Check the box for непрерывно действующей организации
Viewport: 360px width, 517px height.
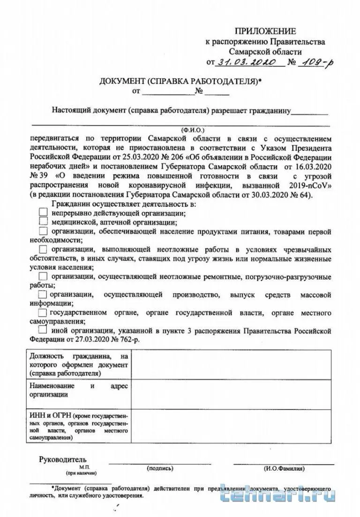[x=44, y=212]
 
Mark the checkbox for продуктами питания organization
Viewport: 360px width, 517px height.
[x=44, y=231]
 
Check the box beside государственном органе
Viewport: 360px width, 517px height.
[x=43, y=312]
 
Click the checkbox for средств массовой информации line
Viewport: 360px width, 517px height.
[x=42, y=295]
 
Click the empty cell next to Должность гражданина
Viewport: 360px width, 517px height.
[x=232, y=365]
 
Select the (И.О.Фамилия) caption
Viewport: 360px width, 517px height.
[x=284, y=468]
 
